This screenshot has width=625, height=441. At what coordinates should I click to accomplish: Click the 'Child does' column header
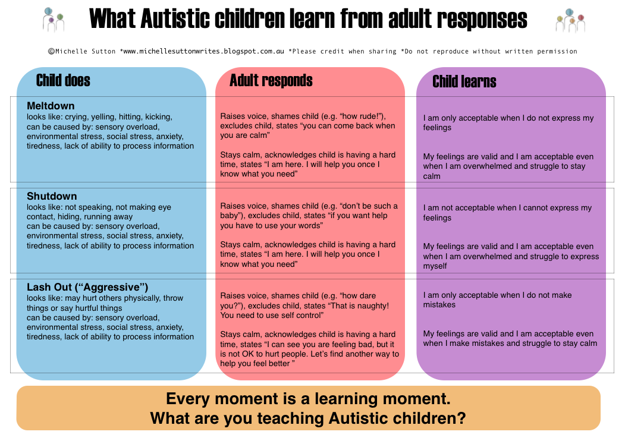[x=63, y=80]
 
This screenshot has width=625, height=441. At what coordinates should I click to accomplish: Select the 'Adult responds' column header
[x=271, y=80]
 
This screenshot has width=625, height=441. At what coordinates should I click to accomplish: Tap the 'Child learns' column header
[x=464, y=81]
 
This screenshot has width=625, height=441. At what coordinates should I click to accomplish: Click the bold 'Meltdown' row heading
[x=51, y=106]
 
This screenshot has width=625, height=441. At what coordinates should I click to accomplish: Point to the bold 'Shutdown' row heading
[x=52, y=196]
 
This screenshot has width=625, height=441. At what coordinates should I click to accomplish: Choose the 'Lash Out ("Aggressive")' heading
[x=87, y=287]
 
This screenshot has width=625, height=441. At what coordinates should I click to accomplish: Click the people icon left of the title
[x=53, y=20]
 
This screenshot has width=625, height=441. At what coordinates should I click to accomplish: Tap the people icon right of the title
[x=570, y=20]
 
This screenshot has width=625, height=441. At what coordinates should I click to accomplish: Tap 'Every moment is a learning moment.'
[x=308, y=399]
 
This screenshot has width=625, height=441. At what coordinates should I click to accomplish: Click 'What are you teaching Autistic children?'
[x=308, y=418]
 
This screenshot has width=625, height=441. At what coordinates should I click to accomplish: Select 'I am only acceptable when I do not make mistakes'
[x=497, y=300]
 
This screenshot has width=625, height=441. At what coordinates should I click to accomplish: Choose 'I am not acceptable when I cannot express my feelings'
[x=507, y=213]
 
